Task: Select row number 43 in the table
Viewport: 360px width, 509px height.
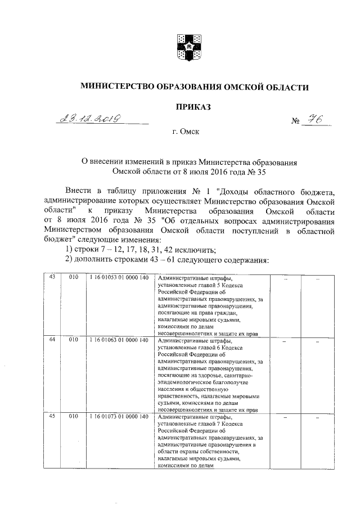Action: point(52,278)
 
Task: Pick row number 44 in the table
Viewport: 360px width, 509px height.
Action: point(52,340)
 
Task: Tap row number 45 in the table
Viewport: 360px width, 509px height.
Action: point(52,417)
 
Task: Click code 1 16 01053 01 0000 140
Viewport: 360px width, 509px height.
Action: point(118,278)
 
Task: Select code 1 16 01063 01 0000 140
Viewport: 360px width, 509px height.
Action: point(118,340)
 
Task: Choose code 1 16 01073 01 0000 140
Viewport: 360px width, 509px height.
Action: point(118,417)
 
